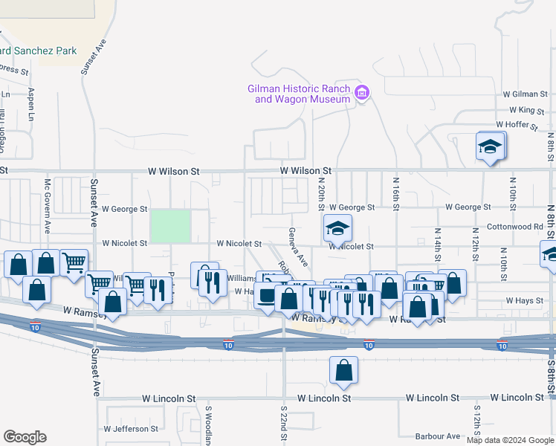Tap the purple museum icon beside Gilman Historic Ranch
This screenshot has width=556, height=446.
point(362,93)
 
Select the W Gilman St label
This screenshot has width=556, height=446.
point(525,94)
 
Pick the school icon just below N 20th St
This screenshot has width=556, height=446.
point(337,228)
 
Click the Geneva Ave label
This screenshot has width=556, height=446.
point(297,247)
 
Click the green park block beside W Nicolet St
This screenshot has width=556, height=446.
point(170,226)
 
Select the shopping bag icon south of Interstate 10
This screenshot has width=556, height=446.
point(343,370)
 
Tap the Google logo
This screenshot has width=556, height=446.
point(25,437)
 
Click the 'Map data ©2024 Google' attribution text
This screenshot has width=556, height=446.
point(510,440)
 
